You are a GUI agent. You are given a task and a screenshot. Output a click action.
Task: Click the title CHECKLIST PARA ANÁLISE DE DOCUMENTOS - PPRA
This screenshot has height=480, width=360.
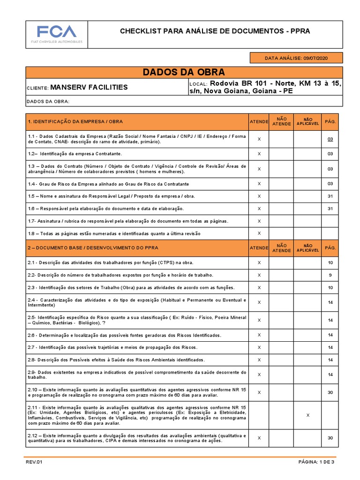[215, 31]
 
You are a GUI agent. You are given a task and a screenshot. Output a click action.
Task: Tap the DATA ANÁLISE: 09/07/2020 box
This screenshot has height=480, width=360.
[296, 58]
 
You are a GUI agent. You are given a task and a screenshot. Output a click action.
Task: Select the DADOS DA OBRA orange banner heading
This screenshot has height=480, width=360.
[184, 72]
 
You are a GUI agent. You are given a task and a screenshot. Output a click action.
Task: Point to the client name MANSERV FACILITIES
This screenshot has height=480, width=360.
[89, 87]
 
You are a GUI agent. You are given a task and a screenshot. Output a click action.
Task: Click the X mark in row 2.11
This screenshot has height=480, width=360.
[307, 415]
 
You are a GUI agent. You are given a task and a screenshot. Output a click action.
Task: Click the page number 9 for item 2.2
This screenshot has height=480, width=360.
[330, 275]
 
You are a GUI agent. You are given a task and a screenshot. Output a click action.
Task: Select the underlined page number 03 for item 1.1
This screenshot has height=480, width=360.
[330, 139]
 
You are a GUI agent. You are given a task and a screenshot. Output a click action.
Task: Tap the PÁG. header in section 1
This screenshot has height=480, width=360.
[330, 122]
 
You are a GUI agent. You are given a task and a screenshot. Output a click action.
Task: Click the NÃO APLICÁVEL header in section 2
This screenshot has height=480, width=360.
[307, 248]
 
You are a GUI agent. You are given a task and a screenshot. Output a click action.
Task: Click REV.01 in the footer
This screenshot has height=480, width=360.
[34, 462]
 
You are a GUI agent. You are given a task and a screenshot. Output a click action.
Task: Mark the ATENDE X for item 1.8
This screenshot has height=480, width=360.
[259, 233]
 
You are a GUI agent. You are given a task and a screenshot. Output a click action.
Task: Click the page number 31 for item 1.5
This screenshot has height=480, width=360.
[330, 196]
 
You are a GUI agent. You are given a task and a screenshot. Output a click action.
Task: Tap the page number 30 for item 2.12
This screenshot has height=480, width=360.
[330, 438]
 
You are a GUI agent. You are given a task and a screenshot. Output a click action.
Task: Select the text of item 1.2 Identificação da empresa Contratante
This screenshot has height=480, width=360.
[75, 154]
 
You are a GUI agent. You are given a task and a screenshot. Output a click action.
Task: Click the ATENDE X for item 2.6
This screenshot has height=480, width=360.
[259, 335]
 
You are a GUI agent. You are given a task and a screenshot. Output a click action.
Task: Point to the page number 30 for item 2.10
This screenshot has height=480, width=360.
[330, 392]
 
